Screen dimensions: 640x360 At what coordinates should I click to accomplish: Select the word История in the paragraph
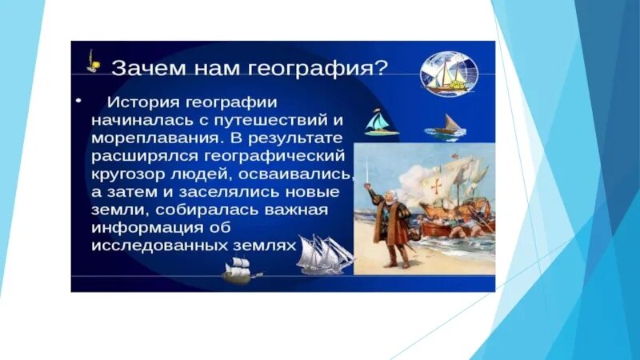point(143,102)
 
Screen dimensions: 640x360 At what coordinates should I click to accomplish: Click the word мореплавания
point(158,138)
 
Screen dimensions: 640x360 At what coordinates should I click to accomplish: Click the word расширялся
point(145,156)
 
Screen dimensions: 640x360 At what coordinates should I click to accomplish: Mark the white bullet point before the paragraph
point(78,101)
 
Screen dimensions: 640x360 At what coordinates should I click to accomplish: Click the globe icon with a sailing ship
point(449,74)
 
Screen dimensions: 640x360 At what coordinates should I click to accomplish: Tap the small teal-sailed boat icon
point(380,122)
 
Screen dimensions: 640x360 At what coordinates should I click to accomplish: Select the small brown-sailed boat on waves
point(445,127)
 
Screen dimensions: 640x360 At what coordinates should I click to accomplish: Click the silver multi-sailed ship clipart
point(326,254)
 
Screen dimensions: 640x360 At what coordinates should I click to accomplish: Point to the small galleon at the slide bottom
point(240,270)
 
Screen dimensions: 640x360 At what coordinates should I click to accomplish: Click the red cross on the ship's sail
point(437,186)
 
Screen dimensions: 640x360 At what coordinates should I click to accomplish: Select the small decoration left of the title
point(93,62)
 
